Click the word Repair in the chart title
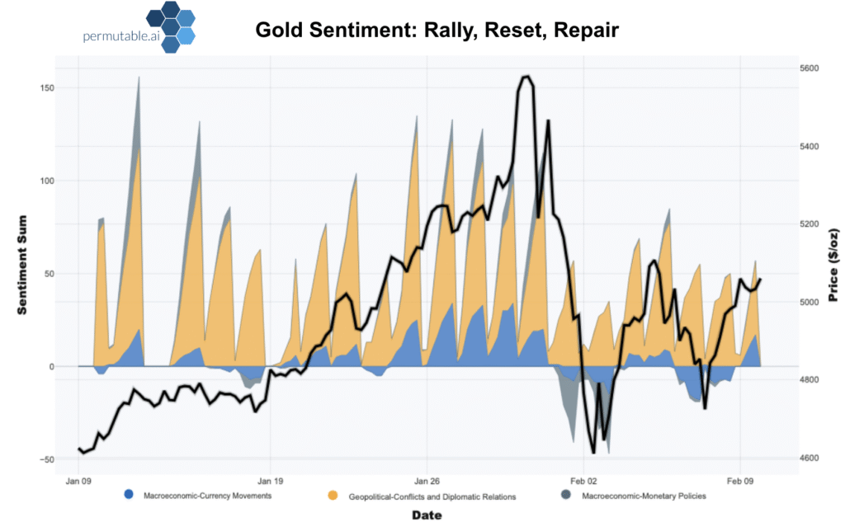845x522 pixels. (587, 31)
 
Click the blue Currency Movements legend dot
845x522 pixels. (128, 496)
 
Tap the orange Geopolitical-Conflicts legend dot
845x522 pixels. (333, 496)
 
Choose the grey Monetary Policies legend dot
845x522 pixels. (566, 496)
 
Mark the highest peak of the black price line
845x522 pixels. (526, 77)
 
